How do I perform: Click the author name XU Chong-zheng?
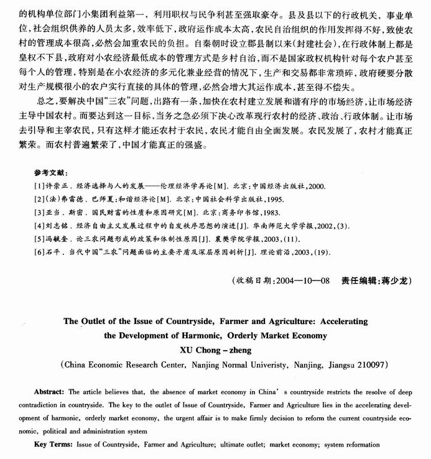coord(215,350)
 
